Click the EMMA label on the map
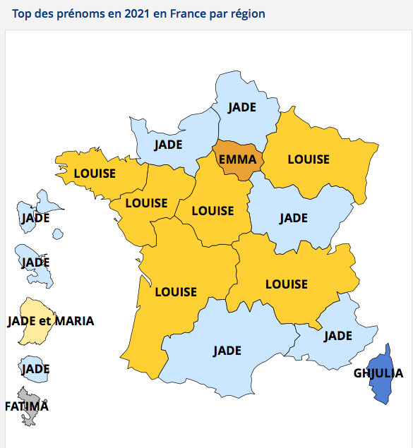237,159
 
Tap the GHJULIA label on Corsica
378,373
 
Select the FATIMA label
27,406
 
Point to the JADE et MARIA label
50,321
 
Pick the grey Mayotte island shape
31,416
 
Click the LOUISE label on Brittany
95,171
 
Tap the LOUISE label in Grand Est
309,159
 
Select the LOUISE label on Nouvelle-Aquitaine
176,291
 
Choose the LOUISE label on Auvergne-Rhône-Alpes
286,284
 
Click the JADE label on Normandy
168,145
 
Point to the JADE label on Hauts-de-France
243,107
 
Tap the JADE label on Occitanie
227,350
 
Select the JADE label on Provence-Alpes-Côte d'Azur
337,336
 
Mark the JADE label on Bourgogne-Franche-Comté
293,218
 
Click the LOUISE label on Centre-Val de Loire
213,211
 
